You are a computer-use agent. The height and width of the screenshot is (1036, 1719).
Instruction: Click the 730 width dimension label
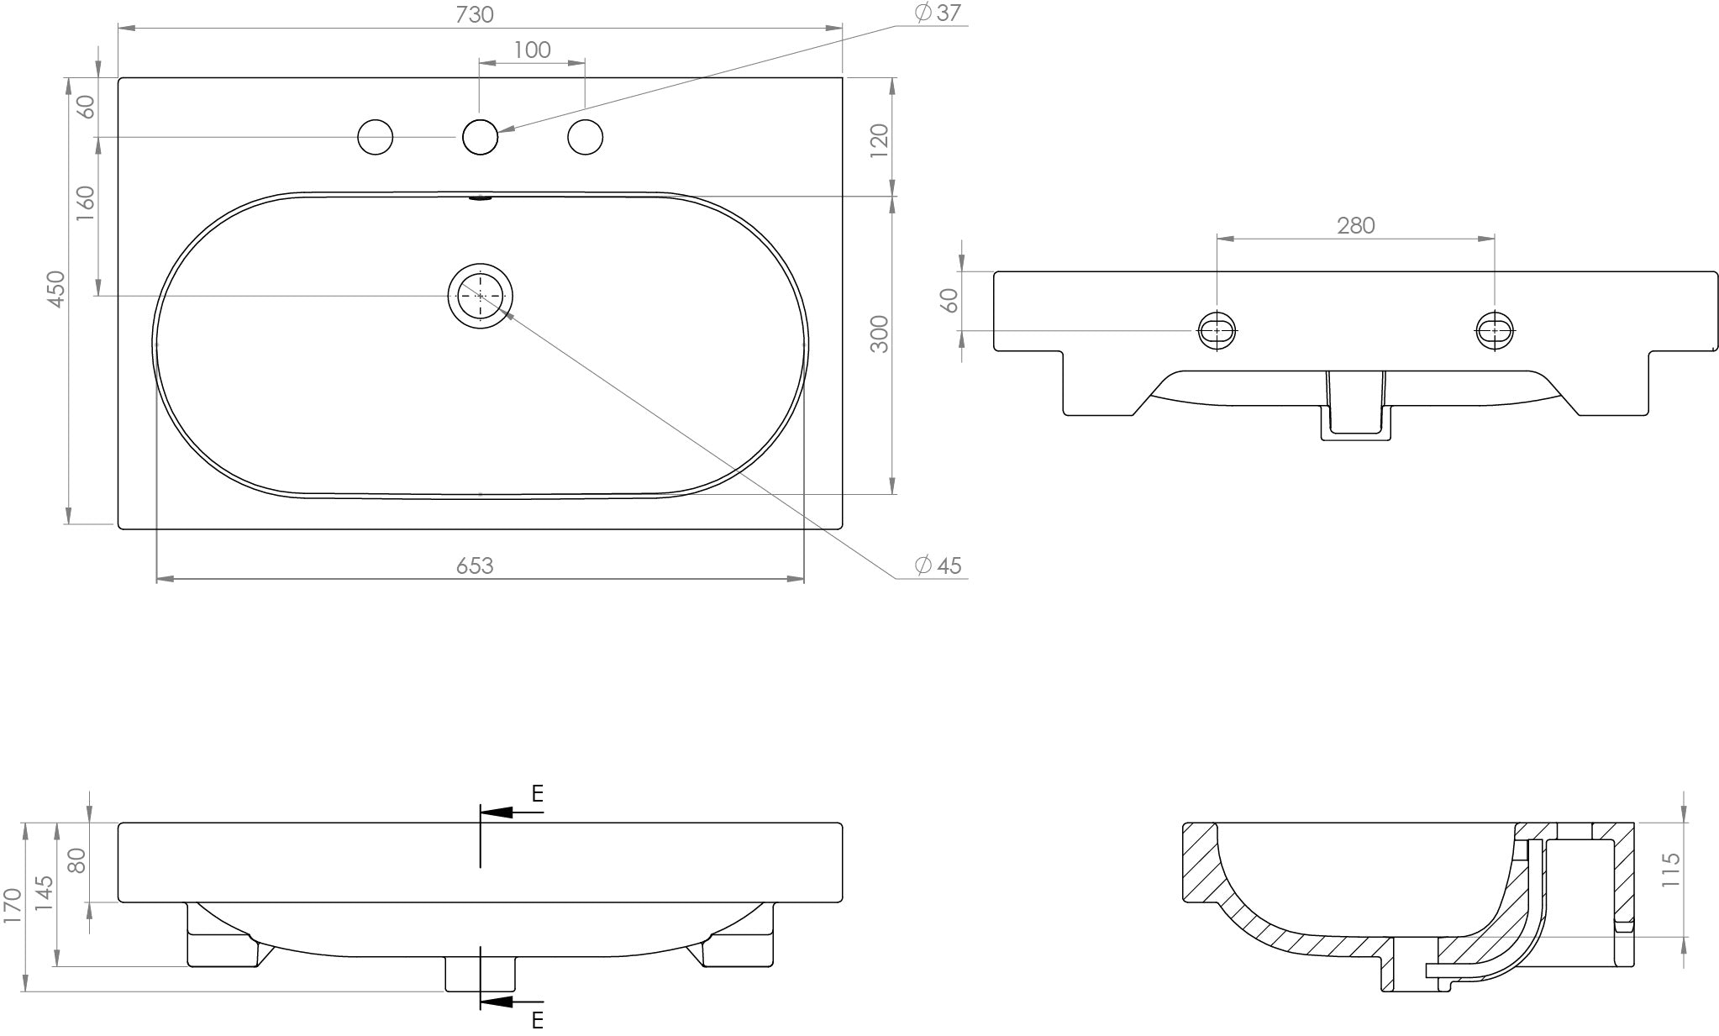(475, 14)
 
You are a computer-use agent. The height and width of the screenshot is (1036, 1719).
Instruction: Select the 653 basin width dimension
(475, 566)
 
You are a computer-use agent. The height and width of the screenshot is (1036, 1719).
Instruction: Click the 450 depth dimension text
(56, 288)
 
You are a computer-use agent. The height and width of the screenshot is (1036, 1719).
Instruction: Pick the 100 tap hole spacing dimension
(532, 50)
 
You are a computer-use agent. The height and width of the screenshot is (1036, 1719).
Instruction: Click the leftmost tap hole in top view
(375, 137)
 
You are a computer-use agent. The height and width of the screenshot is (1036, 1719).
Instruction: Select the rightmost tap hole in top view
(585, 137)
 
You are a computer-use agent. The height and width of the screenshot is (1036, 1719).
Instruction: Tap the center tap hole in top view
(480, 137)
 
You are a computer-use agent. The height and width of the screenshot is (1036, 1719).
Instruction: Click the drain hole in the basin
(480, 296)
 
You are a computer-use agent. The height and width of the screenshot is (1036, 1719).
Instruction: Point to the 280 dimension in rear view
(1355, 225)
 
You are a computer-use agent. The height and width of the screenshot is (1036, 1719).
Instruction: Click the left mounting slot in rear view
(1217, 330)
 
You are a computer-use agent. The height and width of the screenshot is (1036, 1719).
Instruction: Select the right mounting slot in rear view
(1495, 330)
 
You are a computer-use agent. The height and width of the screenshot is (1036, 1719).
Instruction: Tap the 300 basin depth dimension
(879, 334)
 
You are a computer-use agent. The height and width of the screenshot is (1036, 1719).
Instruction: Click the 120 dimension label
(879, 140)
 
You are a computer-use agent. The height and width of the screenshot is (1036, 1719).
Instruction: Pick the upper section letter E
(538, 793)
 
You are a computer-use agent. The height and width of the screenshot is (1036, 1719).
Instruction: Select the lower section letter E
(538, 1020)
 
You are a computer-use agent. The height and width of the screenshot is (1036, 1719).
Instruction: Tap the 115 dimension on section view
(1670, 870)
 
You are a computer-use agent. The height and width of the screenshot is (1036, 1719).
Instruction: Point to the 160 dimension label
(86, 203)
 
